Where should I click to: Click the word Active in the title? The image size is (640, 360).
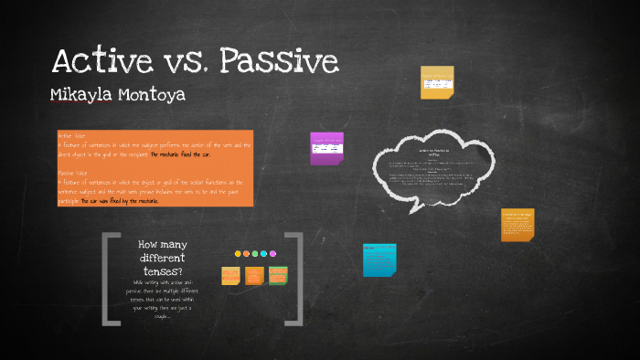click(102, 61)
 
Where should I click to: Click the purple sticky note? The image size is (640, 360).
click(326, 148)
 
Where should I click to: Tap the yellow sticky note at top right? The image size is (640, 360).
click(436, 82)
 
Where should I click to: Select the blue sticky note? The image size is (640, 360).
click(379, 259)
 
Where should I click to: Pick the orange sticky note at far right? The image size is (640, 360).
click(517, 224)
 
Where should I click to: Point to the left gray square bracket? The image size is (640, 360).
click(111, 279)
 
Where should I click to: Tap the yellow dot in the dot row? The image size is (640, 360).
click(238, 254)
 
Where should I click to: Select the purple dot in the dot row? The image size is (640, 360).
click(272, 254)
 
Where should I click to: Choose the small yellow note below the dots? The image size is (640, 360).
click(230, 275)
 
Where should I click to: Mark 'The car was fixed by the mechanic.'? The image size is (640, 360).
click(120, 200)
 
